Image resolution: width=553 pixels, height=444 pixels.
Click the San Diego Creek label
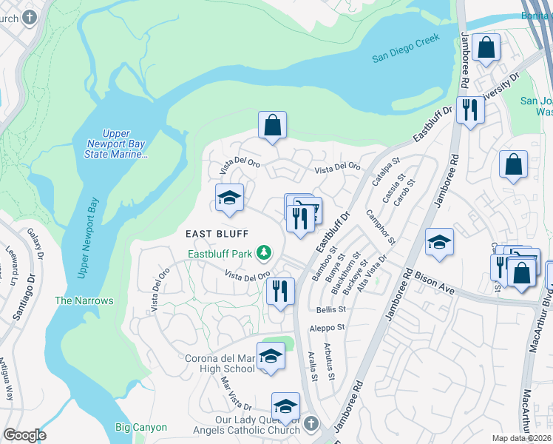click(x=405, y=47)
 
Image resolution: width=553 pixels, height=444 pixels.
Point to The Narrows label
click(x=84, y=300)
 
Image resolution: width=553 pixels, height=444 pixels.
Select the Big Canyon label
click(x=141, y=427)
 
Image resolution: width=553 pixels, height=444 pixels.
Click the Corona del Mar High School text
click(x=220, y=363)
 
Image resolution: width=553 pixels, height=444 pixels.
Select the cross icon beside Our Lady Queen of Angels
click(x=311, y=424)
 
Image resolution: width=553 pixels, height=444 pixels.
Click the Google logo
click(x=25, y=435)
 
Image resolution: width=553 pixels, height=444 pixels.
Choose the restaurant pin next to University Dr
click(x=469, y=110)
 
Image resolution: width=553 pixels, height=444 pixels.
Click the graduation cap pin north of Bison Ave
click(x=439, y=242)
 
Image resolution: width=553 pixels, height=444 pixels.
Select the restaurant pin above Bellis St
click(x=280, y=291)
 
